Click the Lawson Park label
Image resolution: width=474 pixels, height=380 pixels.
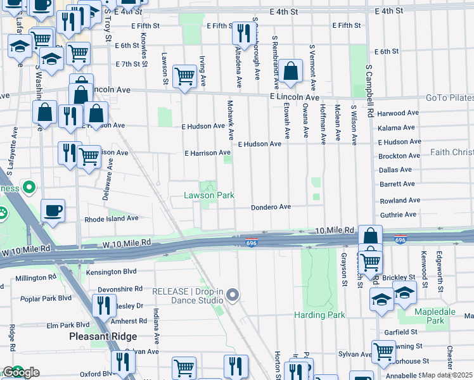click(209, 196)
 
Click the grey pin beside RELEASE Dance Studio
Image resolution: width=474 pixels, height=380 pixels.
click(233, 295)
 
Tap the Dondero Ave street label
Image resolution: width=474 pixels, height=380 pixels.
click(271, 207)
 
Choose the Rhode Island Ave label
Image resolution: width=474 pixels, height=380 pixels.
click(112, 218)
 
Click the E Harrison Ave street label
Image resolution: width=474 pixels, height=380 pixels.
click(207, 153)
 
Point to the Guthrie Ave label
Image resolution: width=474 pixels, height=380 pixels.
click(399, 215)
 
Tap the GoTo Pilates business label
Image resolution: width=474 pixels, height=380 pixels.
click(450, 98)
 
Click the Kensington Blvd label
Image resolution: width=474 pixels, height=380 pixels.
click(112, 272)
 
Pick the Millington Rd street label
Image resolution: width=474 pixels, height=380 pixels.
click(35, 278)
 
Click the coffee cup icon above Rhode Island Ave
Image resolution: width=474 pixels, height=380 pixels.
click(53, 210)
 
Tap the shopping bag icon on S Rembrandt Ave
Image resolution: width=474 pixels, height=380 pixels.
click(291, 72)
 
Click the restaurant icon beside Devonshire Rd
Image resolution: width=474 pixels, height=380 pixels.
click(103, 305)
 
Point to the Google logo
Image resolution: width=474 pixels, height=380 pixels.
click(21, 372)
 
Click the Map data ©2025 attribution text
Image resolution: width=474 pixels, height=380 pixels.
click(447, 375)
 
